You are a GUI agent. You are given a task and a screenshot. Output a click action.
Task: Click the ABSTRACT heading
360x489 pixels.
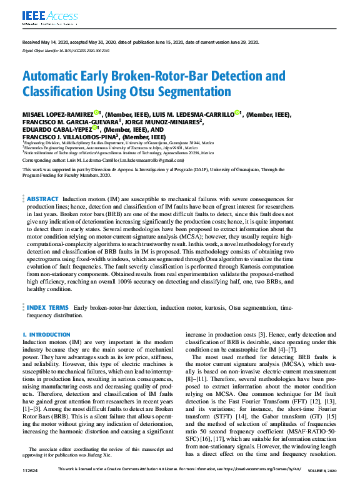[42, 181]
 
